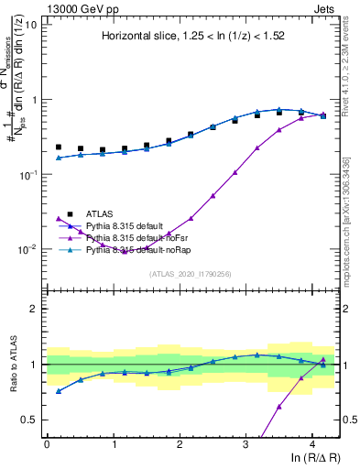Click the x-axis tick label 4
pos(312,442)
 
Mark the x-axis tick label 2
pos(180,442)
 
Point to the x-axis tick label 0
pos(47,442)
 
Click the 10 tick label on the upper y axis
pos(29,24)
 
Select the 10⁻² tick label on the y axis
pos(27,248)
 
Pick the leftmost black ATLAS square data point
pos(59,147)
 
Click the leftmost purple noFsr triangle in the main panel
pos(59,218)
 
